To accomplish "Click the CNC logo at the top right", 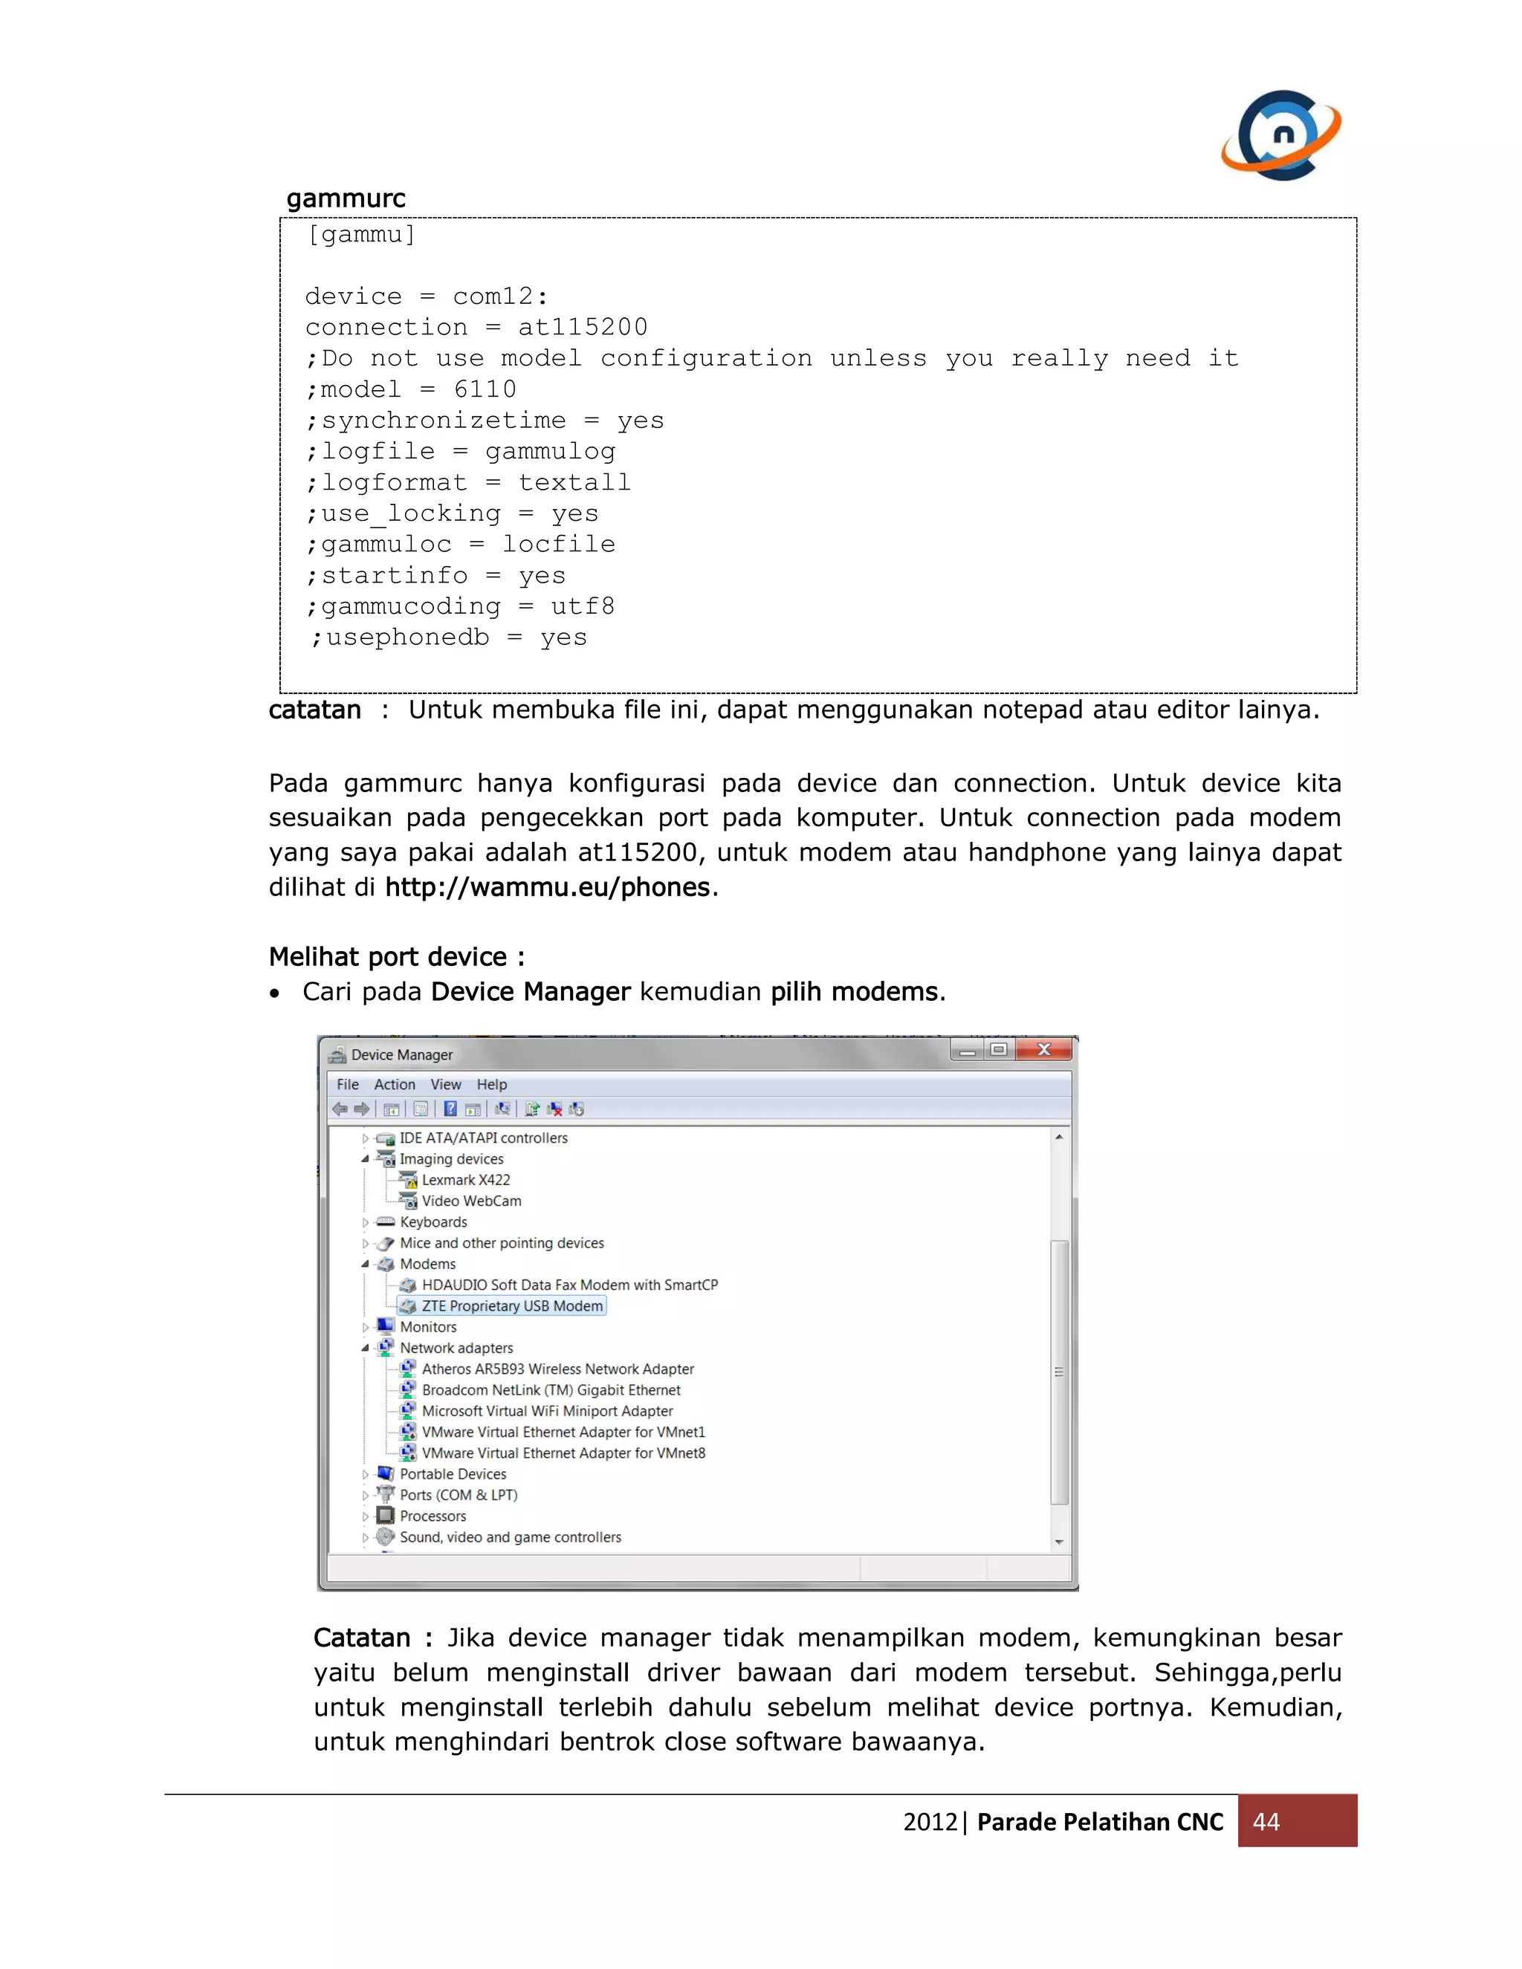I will pyautogui.click(x=1281, y=135).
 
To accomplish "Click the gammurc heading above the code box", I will pyautogui.click(x=346, y=198).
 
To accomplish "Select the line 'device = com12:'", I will pyautogui.click(x=426, y=296).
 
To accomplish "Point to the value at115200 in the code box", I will pyautogui.click(x=583, y=327).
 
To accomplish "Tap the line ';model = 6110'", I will pyautogui.click(x=410, y=389).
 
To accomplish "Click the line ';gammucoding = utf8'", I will pyautogui.click(x=460, y=607).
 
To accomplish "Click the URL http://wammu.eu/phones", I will pyautogui.click(x=547, y=887).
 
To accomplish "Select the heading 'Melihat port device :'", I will pyautogui.click(x=396, y=956).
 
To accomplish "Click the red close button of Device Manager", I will pyautogui.click(x=1043, y=1049).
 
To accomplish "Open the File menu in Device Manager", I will pyautogui.click(x=347, y=1085).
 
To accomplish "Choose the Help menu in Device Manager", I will pyautogui.click(x=491, y=1085).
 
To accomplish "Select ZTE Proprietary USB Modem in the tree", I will pyautogui.click(x=511, y=1306).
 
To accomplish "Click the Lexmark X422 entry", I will pyautogui.click(x=465, y=1180).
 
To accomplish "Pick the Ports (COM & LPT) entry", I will pyautogui.click(x=458, y=1495).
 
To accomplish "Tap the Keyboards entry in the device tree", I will pyautogui.click(x=433, y=1222).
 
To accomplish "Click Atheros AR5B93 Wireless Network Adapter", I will pyautogui.click(x=557, y=1369).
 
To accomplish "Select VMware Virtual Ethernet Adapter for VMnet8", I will pyautogui.click(x=563, y=1453).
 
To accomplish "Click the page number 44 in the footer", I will pyautogui.click(x=1266, y=1822).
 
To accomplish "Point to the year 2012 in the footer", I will pyautogui.click(x=930, y=1822).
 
